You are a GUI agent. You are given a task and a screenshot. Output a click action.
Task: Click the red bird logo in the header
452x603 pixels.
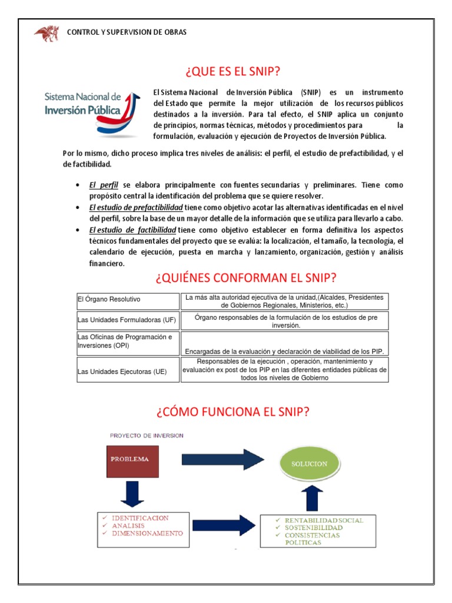pyautogui.click(x=46, y=33)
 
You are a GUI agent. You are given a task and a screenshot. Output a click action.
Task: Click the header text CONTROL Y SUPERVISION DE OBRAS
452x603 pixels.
pyautogui.click(x=127, y=32)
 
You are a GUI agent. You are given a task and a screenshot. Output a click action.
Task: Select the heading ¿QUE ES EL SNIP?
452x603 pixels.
pyautogui.click(x=232, y=71)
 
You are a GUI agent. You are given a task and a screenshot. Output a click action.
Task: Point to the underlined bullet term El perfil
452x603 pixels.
pyautogui.click(x=104, y=185)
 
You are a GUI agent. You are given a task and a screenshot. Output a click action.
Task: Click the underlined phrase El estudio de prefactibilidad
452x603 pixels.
pyautogui.click(x=136, y=207)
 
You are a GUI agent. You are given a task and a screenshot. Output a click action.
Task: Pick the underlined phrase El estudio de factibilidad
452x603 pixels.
pyautogui.click(x=132, y=230)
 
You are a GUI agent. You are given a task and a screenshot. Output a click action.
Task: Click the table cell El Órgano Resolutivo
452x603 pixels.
pyautogui.click(x=109, y=300)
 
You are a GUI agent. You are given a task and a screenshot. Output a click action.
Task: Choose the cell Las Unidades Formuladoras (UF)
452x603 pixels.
pyautogui.click(x=127, y=320)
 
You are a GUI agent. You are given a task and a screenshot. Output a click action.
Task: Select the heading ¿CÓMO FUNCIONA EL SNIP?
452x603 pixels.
pyautogui.click(x=232, y=412)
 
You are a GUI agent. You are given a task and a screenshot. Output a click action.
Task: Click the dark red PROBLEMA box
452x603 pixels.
pyautogui.click(x=132, y=459)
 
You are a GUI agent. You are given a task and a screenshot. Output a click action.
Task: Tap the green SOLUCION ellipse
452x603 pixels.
pyautogui.click(x=308, y=464)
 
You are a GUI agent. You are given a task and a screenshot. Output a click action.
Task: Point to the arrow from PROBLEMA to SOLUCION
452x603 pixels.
pyautogui.click(x=217, y=459)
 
